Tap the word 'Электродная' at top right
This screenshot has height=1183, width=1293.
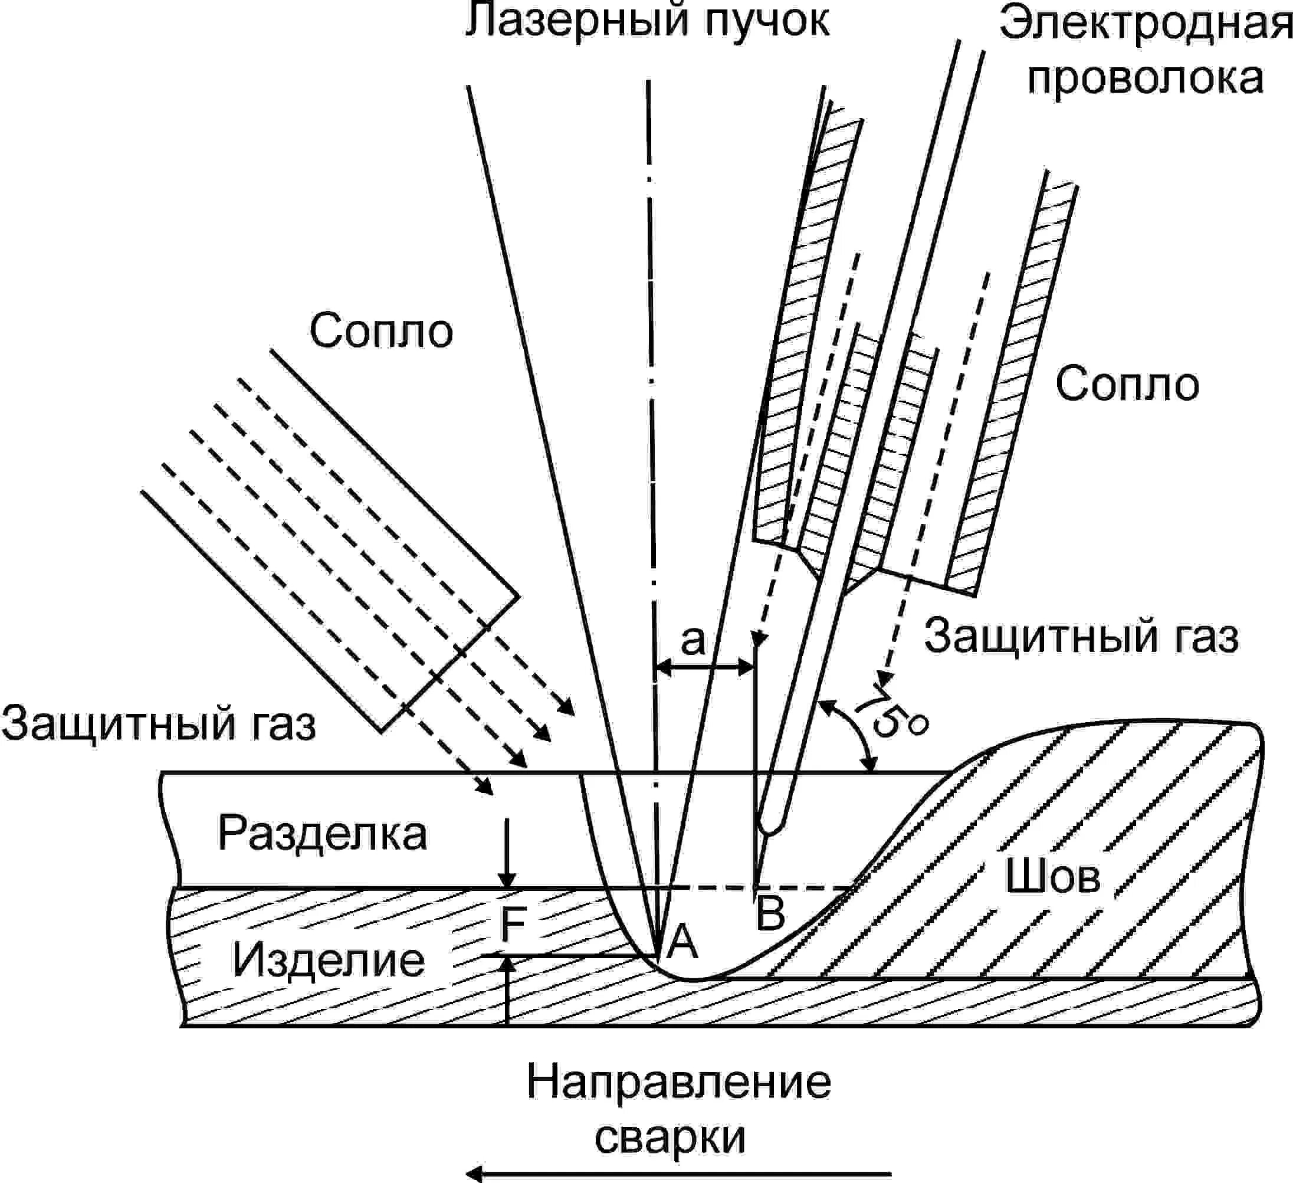pyautogui.click(x=1145, y=24)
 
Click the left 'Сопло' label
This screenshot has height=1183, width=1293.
pyautogui.click(x=381, y=331)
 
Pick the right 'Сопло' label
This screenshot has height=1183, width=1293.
pyautogui.click(x=1127, y=384)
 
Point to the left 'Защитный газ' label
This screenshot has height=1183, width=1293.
pyautogui.click(x=159, y=723)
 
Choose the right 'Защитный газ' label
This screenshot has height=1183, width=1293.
pyautogui.click(x=1081, y=637)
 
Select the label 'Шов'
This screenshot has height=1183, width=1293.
pyautogui.click(x=1052, y=876)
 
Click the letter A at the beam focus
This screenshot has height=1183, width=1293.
pyautogui.click(x=682, y=942)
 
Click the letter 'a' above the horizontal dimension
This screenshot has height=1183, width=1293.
pyautogui.click(x=693, y=640)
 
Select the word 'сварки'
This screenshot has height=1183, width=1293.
pyautogui.click(x=670, y=1137)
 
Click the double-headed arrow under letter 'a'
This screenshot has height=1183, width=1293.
pyautogui.click(x=705, y=668)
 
